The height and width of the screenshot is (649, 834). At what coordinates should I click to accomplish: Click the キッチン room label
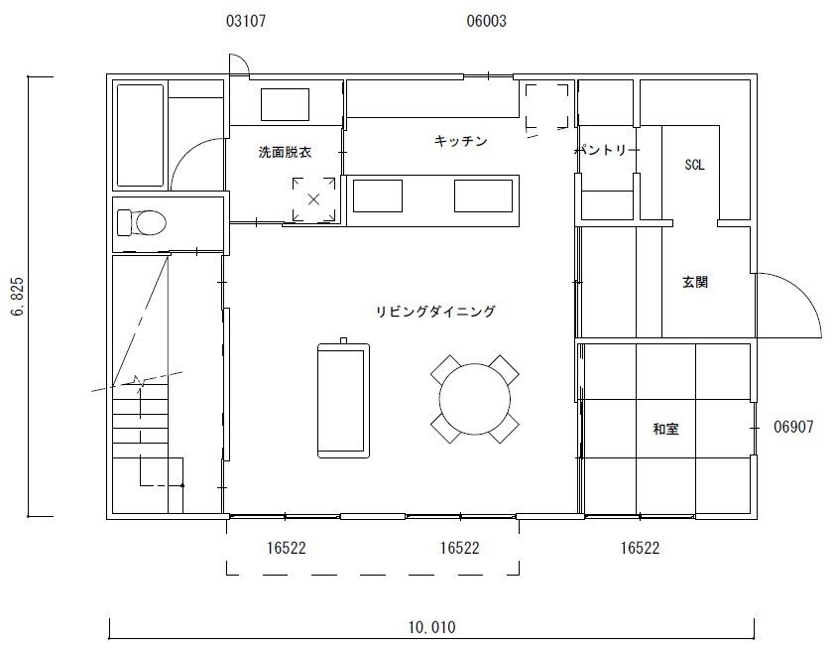click(x=460, y=141)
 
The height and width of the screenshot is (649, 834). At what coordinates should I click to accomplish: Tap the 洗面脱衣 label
click(x=285, y=152)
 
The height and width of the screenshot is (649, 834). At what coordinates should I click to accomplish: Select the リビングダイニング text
click(x=435, y=312)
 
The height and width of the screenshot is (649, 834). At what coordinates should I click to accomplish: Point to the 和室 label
click(x=665, y=429)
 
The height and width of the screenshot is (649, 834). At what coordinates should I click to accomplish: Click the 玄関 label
click(x=694, y=282)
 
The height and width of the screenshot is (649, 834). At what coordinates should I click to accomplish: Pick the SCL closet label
click(x=694, y=165)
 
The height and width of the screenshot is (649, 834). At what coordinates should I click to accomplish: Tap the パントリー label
click(x=608, y=150)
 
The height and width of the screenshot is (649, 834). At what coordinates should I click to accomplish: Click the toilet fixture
click(x=142, y=222)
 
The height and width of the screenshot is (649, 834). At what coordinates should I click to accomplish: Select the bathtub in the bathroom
click(x=141, y=135)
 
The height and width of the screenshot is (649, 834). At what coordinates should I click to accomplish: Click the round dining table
click(x=475, y=399)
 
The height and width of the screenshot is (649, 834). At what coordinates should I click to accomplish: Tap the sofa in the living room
click(x=343, y=400)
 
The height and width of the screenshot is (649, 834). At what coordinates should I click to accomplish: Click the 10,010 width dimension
click(x=432, y=627)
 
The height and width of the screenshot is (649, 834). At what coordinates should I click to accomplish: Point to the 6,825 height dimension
click(x=18, y=296)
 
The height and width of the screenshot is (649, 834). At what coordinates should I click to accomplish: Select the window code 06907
click(x=793, y=427)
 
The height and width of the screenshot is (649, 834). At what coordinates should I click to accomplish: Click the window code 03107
click(x=246, y=21)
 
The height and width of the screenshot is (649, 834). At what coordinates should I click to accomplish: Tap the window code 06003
click(x=486, y=21)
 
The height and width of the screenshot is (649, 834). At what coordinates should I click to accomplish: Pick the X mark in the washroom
click(x=313, y=199)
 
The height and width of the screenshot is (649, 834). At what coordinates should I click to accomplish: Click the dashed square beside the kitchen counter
click(x=546, y=106)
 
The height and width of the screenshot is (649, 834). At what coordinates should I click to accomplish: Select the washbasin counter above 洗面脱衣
click(x=285, y=105)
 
